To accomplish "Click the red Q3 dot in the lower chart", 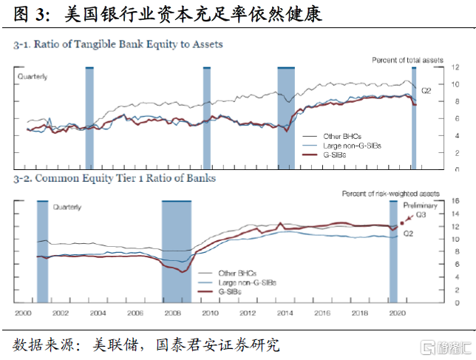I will [401, 223].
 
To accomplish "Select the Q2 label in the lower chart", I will [407, 234].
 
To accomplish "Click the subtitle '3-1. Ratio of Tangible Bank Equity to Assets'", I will [118, 44].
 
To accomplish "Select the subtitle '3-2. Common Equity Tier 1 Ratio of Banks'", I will [115, 179].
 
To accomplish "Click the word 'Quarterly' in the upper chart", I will [33, 76].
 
